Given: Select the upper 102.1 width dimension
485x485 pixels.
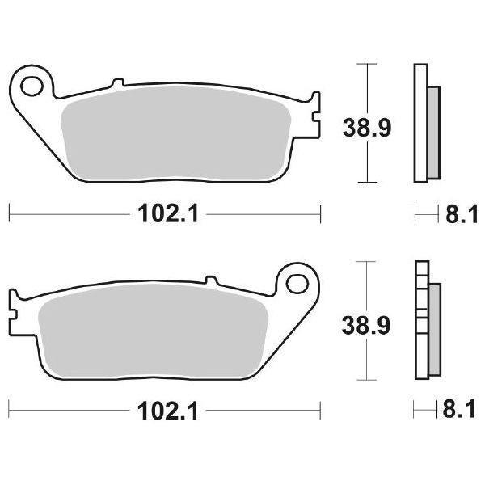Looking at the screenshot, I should click(x=165, y=214).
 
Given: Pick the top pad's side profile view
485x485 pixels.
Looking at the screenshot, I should click(x=426, y=123).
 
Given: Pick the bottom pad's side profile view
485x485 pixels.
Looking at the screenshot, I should click(x=426, y=321).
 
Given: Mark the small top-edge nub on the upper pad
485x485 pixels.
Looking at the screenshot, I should click(x=117, y=82).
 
